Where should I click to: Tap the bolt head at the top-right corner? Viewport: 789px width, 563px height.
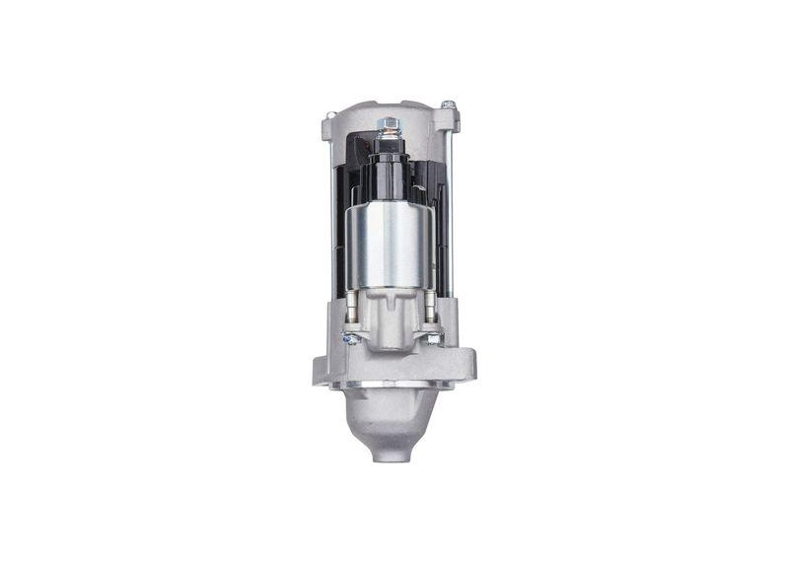(448, 105)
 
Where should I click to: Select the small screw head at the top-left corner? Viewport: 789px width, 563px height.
(328, 117)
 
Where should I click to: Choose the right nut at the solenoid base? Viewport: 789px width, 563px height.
(432, 338)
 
